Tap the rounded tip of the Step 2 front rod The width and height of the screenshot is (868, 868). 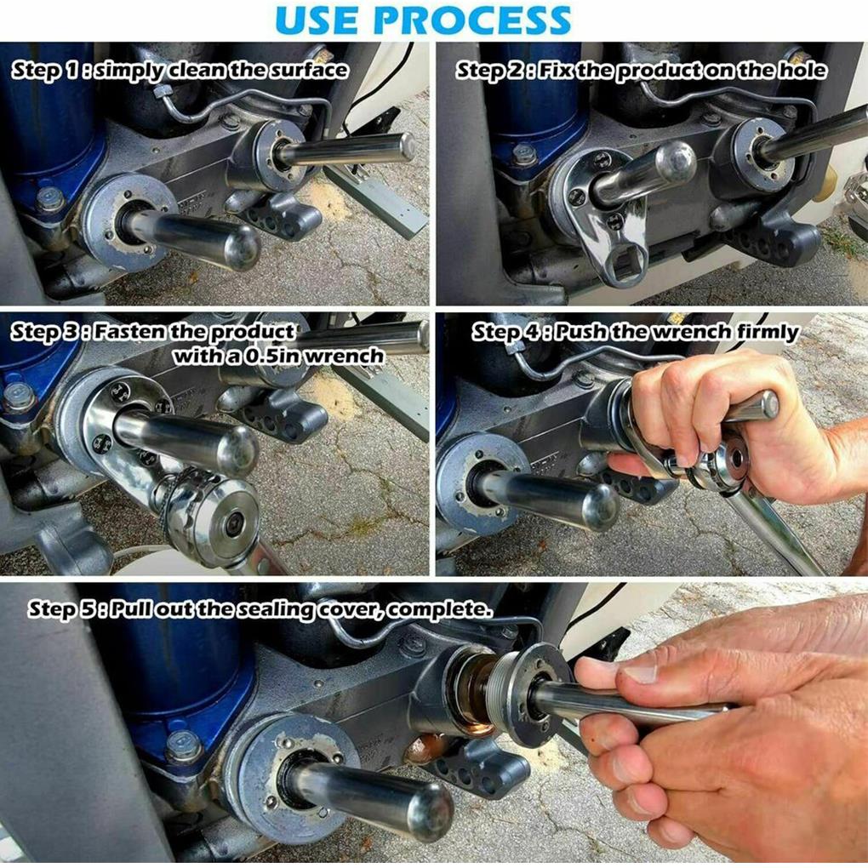pyautogui.click(x=677, y=161)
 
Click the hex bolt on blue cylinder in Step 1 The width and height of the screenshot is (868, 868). pyautogui.click(x=50, y=199)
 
